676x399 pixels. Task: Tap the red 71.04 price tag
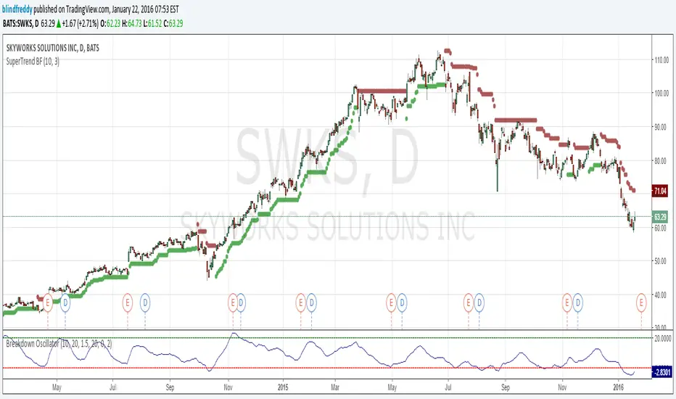(659, 192)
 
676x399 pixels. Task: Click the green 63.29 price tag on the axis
(659, 217)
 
